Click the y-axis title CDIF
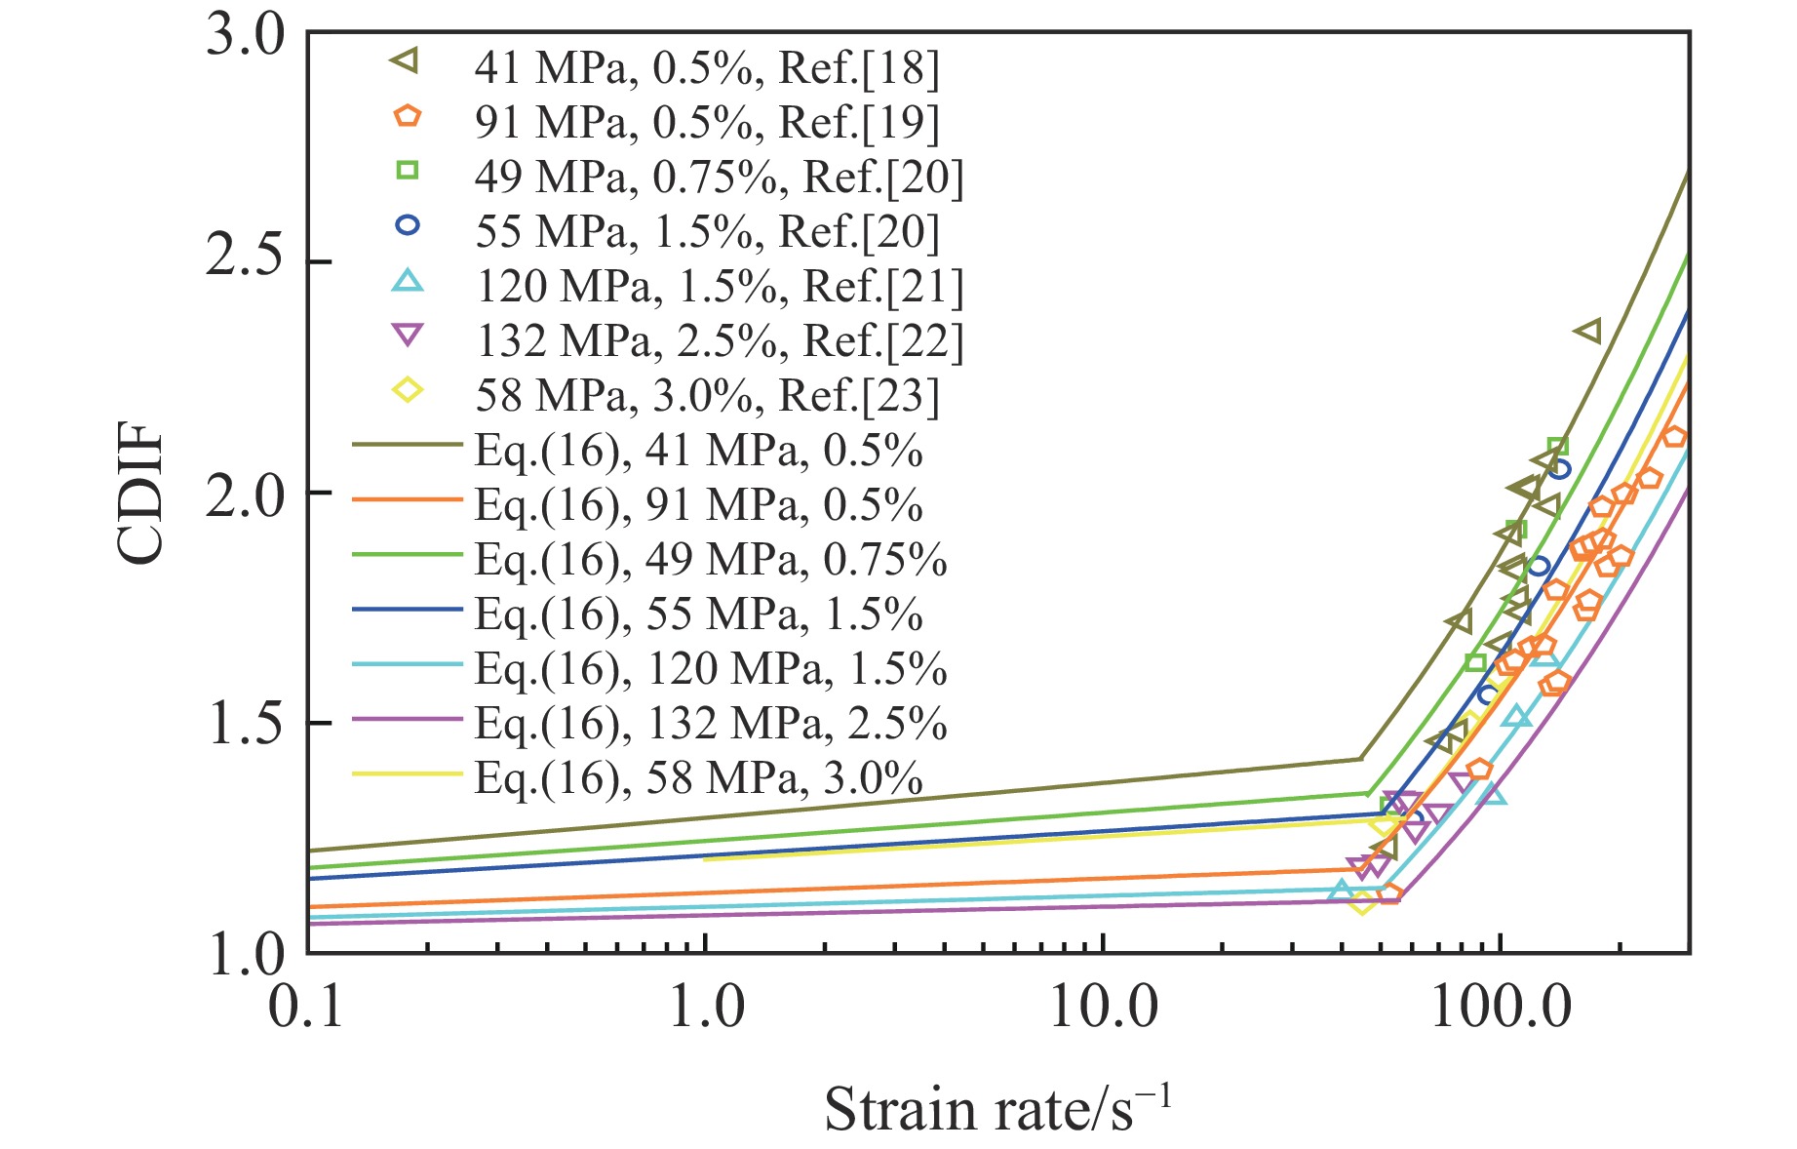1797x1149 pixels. pos(139,493)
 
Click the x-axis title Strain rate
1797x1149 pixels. pos(996,1109)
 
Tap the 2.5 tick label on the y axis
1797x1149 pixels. pos(245,262)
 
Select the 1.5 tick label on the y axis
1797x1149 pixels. pos(245,723)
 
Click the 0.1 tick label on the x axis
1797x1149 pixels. pos(307,1006)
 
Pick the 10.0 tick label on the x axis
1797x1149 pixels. pos(1104,1006)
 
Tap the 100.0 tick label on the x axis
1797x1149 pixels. pos(1501,1006)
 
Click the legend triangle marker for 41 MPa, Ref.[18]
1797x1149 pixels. pos(406,61)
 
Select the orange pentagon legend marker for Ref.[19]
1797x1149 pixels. pos(407,116)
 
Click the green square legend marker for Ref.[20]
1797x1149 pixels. pos(407,171)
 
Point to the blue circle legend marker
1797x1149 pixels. pos(407,225)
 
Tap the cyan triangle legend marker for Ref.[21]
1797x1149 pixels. pos(407,281)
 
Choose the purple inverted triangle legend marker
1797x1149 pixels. pos(407,336)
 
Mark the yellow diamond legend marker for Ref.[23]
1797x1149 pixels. pos(407,390)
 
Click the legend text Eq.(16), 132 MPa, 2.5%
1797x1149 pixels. pos(711,723)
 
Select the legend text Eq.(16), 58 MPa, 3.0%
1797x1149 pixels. pos(699,777)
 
